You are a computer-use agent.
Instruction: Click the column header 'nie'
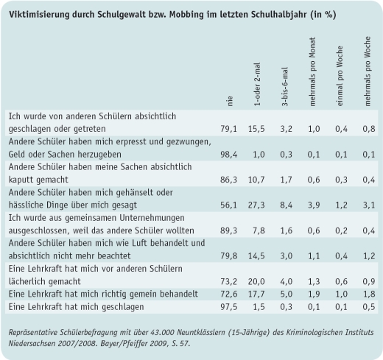[x=231, y=101]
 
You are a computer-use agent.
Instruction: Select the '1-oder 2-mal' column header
[x=258, y=84]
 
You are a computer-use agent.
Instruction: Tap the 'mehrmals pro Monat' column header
[x=312, y=73]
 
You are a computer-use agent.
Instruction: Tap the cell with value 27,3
[x=258, y=204]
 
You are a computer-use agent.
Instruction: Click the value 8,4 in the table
[x=287, y=204]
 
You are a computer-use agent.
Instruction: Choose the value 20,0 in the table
[x=258, y=281]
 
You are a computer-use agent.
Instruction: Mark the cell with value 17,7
[x=258, y=294]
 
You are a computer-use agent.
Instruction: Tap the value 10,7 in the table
[x=258, y=179]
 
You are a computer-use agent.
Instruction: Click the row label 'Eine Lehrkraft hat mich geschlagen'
[x=80, y=306]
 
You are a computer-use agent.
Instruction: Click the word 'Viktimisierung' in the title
[x=37, y=12]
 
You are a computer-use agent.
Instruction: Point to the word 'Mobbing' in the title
[x=188, y=12]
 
